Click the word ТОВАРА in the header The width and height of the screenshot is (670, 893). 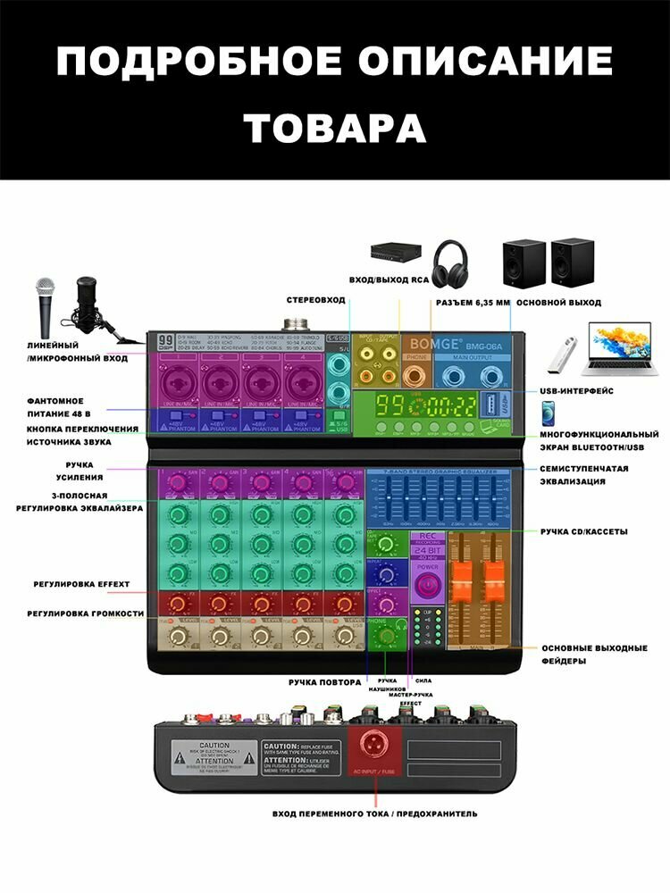[335, 127]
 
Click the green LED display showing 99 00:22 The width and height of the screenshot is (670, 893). [415, 407]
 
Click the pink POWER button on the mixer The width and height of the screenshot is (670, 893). [427, 584]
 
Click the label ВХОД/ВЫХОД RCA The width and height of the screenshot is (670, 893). [389, 280]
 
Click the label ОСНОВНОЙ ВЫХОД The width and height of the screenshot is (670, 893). [558, 303]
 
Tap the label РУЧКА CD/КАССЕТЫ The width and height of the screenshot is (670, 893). [583, 531]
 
